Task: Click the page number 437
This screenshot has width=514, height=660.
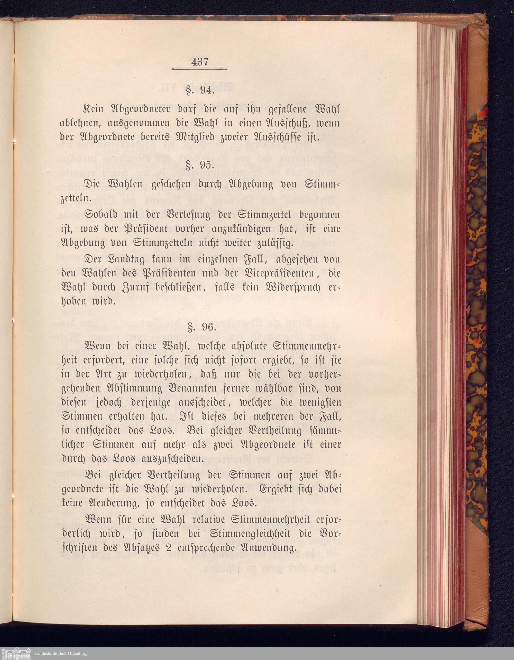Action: pos(199,62)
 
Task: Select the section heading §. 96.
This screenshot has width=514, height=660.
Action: pos(200,327)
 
